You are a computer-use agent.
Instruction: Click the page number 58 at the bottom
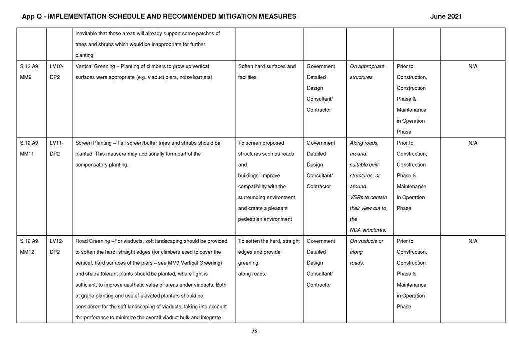point(254,331)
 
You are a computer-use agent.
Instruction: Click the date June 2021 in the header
point(446,17)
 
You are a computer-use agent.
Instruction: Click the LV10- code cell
point(58,66)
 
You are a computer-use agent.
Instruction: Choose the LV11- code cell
point(58,143)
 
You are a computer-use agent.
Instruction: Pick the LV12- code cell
point(58,241)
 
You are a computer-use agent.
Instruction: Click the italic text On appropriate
point(367,66)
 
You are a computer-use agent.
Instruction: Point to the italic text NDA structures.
point(368,230)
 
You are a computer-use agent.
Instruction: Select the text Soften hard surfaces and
point(267,66)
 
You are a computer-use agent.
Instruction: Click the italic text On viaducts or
point(367,241)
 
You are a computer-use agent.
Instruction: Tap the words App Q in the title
point(32,17)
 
